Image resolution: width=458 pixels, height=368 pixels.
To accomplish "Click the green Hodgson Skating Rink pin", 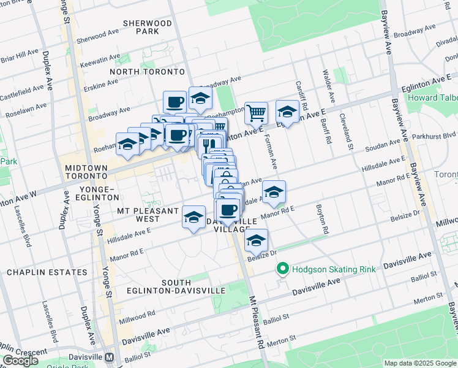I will (282, 269).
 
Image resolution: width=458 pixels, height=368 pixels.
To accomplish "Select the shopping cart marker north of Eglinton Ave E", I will (256, 113).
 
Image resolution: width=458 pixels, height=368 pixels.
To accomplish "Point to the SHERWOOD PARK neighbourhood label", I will (148, 27).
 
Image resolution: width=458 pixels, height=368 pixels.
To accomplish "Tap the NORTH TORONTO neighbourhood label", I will (147, 72).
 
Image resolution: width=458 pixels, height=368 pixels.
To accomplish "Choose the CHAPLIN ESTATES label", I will (47, 272).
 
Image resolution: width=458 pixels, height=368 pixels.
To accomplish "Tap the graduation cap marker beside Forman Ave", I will (274, 192).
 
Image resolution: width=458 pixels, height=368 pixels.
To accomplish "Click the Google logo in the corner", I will (21, 361).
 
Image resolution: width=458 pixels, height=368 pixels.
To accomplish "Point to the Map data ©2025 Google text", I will (419, 363).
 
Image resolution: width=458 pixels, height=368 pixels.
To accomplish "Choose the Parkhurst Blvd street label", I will (441, 136).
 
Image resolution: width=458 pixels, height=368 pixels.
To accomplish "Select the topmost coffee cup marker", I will (175, 101).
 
